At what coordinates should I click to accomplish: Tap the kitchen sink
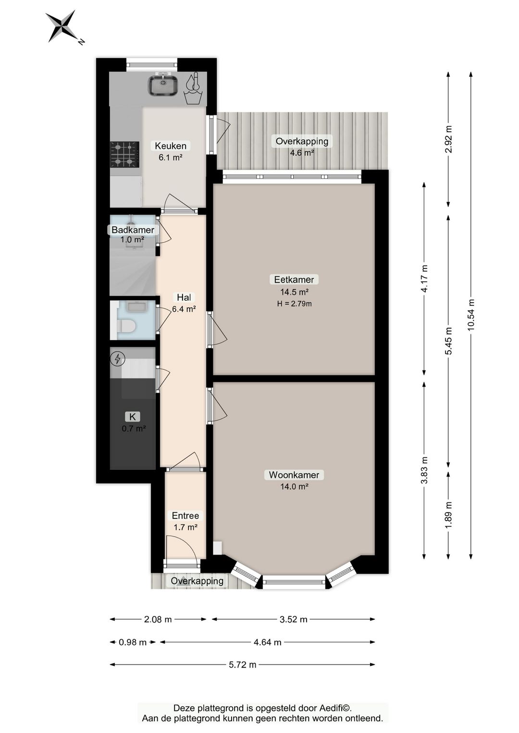pyautogui.click(x=163, y=85)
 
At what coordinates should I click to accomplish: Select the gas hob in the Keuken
pyautogui.click(x=125, y=154)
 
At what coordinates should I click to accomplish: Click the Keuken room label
pyautogui.click(x=170, y=146)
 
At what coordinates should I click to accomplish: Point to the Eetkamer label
pyautogui.click(x=294, y=280)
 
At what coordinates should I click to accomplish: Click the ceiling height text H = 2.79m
pyautogui.click(x=294, y=304)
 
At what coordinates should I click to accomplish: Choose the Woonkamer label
pyautogui.click(x=294, y=475)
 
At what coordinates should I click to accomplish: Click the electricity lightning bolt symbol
pyautogui.click(x=118, y=359)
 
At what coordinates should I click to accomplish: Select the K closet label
pyautogui.click(x=133, y=416)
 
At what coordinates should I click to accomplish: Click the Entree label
pyautogui.click(x=185, y=515)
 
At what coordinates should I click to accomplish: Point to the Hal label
pyautogui.click(x=184, y=297)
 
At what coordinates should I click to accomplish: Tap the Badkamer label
pyautogui.click(x=133, y=230)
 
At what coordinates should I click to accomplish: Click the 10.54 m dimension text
pyautogui.click(x=471, y=315)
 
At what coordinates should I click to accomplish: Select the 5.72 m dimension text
pyautogui.click(x=242, y=664)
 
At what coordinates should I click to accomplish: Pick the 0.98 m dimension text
pyautogui.click(x=132, y=642)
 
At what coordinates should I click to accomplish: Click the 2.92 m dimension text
pyautogui.click(x=448, y=139)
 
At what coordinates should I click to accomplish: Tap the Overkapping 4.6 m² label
pyautogui.click(x=302, y=147)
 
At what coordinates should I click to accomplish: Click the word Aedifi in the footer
pyautogui.click(x=332, y=709)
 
